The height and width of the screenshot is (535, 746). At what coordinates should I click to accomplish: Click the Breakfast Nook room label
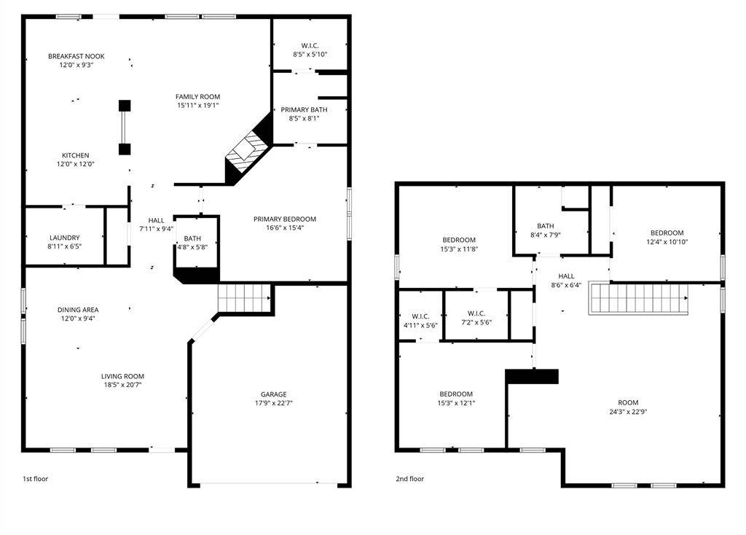[x=71, y=56]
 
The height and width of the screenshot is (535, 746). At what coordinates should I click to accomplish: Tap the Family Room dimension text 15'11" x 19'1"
[x=197, y=106]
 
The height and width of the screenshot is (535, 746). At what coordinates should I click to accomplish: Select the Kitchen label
[x=75, y=155]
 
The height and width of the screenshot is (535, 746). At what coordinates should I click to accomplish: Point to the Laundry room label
[x=65, y=238]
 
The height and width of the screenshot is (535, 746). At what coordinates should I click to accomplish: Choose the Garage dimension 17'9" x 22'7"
[x=274, y=403]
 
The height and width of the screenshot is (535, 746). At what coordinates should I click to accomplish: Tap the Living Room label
[x=122, y=376]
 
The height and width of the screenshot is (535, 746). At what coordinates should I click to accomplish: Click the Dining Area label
[x=78, y=310]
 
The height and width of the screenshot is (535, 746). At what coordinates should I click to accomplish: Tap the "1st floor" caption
[x=35, y=479]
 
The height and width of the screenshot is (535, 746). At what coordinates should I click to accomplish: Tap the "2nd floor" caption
[x=410, y=479]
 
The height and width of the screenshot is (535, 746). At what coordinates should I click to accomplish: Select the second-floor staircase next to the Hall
[x=638, y=299]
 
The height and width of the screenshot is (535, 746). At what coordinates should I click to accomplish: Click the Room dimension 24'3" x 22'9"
[x=628, y=412]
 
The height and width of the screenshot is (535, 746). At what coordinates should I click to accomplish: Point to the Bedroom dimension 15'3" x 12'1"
[x=455, y=403]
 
